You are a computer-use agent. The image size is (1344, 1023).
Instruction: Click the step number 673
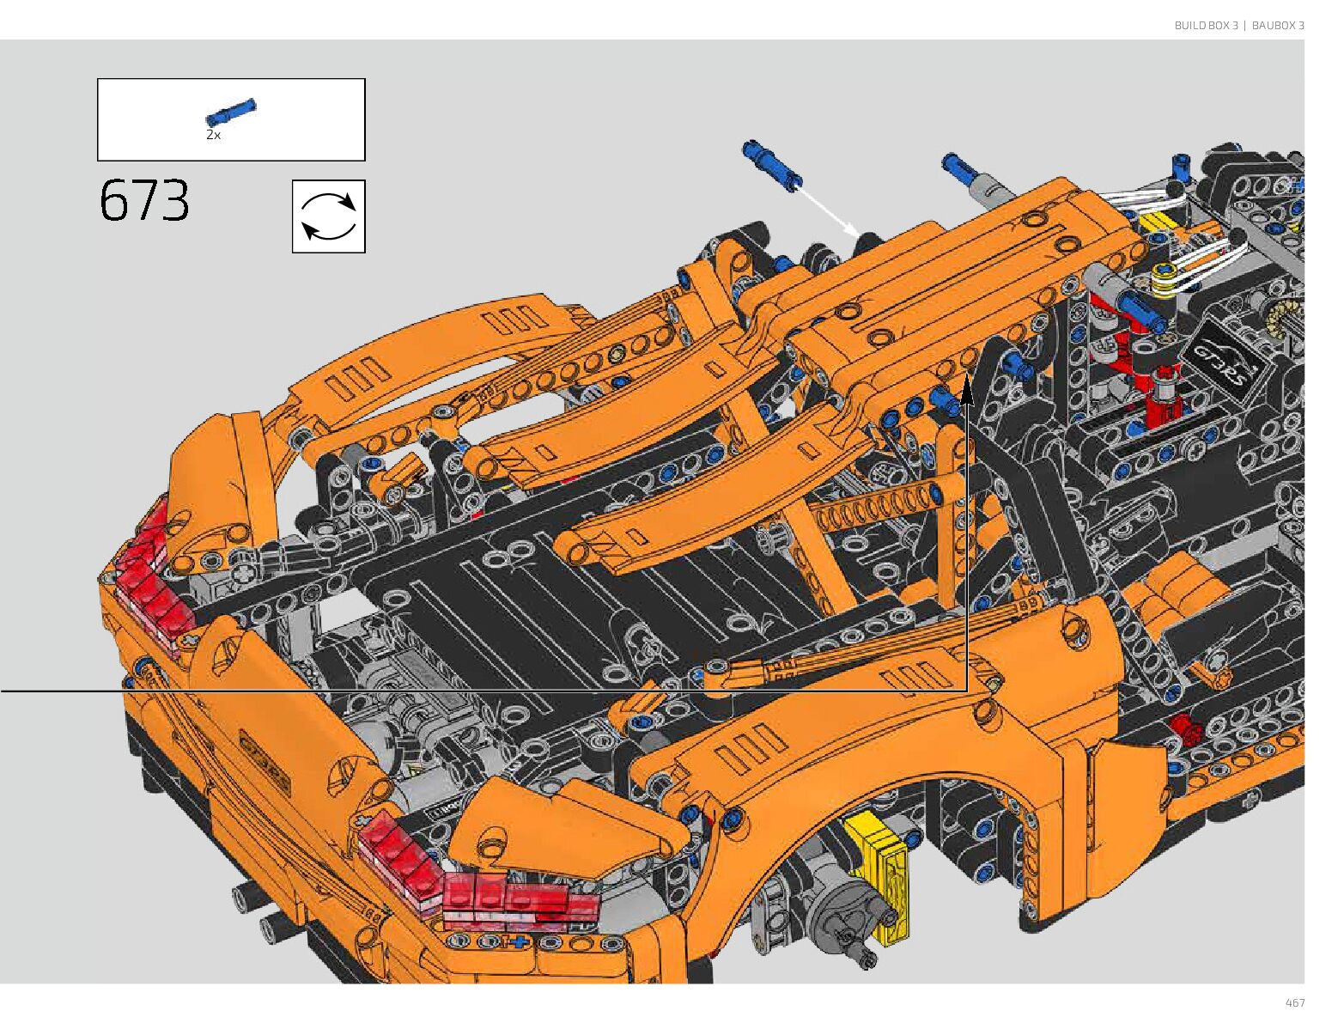[x=144, y=200]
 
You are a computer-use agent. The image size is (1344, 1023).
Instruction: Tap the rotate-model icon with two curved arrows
[x=328, y=216]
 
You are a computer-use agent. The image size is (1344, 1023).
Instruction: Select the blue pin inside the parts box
[x=231, y=112]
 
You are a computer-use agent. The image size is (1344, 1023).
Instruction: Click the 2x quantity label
[x=213, y=136]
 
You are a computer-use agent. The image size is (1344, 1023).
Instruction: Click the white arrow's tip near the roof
[x=859, y=235]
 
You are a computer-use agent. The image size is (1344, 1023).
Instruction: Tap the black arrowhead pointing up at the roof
[x=966, y=391]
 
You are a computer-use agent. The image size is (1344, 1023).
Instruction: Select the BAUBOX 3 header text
[x=1278, y=25]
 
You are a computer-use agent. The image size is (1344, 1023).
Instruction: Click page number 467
[x=1294, y=1002]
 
